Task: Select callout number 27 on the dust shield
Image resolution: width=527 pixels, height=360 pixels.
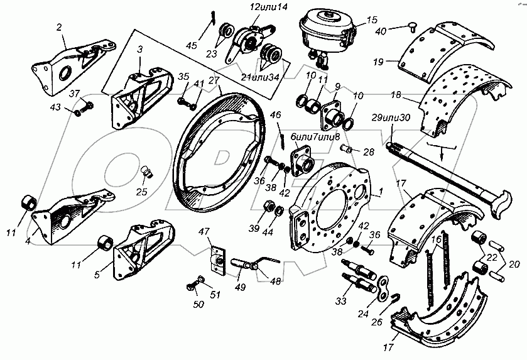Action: click(214, 81)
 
